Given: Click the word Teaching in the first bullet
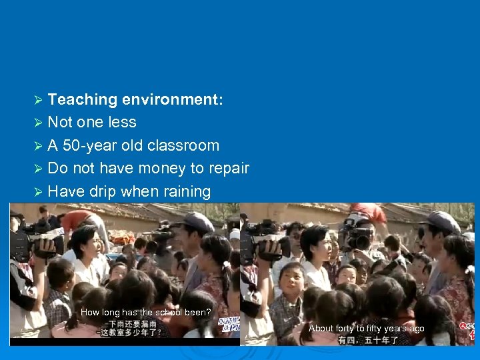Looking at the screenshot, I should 83,100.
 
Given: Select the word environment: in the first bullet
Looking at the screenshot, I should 173,100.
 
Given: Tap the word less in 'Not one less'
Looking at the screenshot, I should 121,123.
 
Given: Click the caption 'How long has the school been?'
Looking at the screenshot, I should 145,313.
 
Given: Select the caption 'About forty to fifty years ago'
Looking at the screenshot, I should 366,329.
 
